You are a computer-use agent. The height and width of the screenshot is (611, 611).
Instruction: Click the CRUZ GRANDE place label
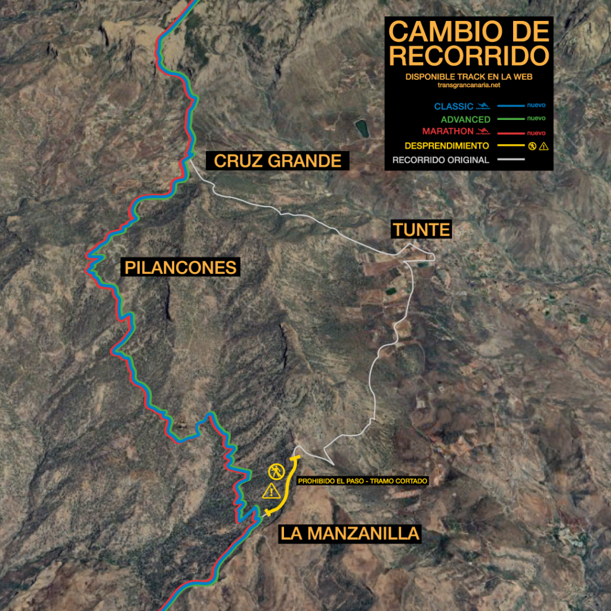[x=277, y=161]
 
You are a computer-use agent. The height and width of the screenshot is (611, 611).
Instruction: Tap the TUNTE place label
[x=421, y=229]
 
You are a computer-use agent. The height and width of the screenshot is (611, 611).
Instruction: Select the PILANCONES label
[x=180, y=267]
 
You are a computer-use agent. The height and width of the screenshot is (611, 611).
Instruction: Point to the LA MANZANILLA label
[x=350, y=533]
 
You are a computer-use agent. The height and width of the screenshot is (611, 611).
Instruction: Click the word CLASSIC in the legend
[x=453, y=107]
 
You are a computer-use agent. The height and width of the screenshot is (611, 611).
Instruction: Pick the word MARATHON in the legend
[x=449, y=131]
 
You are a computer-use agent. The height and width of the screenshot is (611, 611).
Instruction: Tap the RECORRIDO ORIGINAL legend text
[x=441, y=160]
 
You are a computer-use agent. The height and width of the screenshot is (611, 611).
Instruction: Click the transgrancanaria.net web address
[x=468, y=85]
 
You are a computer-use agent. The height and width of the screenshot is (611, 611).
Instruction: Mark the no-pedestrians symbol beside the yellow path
[x=276, y=471]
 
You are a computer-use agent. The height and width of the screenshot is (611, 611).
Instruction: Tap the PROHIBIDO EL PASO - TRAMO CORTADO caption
[x=363, y=480]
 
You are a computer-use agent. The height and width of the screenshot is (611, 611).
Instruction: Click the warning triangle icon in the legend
[x=543, y=146]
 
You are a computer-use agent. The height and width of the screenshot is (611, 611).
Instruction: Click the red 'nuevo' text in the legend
[x=536, y=132]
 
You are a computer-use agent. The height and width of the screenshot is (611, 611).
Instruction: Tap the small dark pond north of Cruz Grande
[x=362, y=128]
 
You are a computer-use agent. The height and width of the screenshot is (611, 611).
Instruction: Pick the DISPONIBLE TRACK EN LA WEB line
[x=468, y=77]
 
